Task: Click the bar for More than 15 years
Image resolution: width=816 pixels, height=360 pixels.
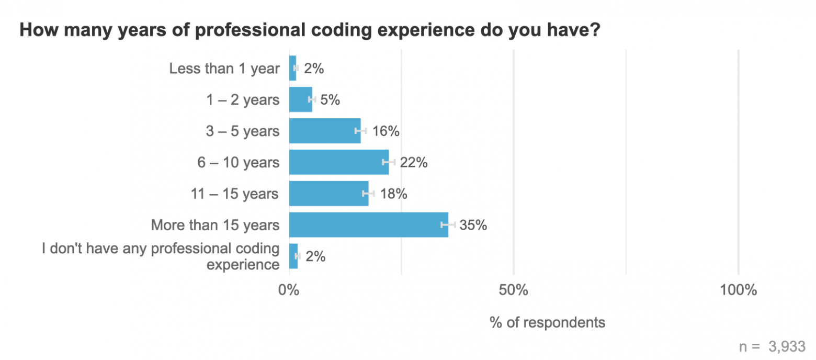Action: click(368, 225)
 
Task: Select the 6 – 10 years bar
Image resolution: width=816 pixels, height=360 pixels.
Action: click(338, 162)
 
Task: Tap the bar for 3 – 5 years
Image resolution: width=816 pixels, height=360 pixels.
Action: click(324, 131)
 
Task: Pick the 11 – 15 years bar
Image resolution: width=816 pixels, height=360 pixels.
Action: click(328, 194)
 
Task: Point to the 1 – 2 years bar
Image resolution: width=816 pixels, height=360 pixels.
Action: click(300, 99)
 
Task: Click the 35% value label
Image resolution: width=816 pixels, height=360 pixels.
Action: click(473, 225)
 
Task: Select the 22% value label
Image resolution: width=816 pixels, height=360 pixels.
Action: click(414, 163)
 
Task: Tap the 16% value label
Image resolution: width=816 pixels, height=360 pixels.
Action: click(386, 131)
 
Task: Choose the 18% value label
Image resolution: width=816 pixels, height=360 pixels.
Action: click(393, 194)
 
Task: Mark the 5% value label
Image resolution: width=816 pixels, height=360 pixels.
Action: click(330, 100)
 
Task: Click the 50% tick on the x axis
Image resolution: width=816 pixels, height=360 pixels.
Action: click(514, 290)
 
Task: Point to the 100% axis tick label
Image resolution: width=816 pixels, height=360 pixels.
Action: click(738, 290)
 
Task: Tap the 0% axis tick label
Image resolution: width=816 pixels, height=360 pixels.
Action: click(289, 290)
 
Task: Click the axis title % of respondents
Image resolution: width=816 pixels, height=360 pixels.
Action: click(547, 322)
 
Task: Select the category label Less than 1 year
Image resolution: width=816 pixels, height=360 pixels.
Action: click(224, 69)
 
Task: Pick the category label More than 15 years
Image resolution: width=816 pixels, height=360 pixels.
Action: click(215, 226)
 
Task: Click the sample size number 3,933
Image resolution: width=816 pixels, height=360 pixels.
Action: click(787, 346)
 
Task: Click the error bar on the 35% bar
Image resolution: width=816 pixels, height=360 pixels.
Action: click(448, 225)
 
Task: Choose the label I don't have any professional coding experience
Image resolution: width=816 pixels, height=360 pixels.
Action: click(161, 256)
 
